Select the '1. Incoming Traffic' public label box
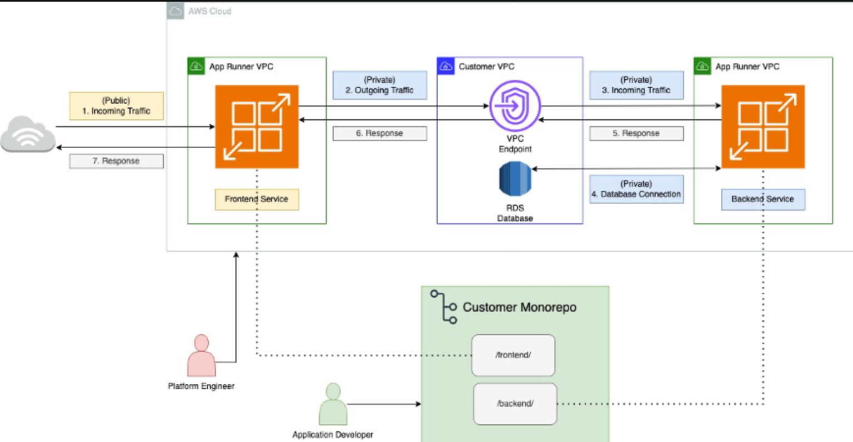(116, 106)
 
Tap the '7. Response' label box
(116, 161)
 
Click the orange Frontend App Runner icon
(257, 126)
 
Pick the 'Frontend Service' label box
(257, 199)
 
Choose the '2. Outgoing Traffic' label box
(379, 85)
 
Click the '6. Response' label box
(379, 133)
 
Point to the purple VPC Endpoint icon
(515, 106)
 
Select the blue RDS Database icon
(515, 179)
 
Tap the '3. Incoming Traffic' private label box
(636, 85)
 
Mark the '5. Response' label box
(636, 133)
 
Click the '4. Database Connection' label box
(636, 189)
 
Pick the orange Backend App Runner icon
(762, 126)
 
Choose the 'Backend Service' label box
(762, 199)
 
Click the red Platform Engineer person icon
(201, 356)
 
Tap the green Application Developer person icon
(333, 405)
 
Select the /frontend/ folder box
(513, 355)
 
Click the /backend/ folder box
(515, 404)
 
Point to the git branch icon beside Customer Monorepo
(444, 307)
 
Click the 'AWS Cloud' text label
(209, 11)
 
